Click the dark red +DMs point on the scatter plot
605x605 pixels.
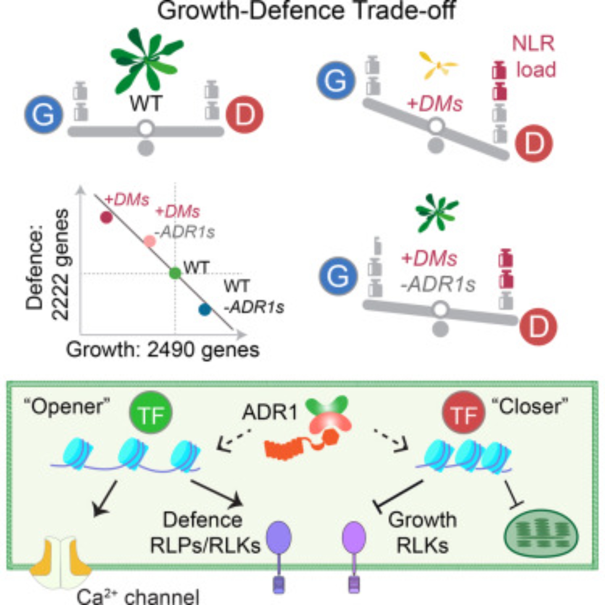pos(106,217)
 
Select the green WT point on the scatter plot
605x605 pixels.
pos(175,273)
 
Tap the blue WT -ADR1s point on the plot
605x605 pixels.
pos(205,309)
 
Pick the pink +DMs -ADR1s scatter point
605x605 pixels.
pos(150,241)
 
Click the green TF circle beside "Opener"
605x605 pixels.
pos(151,413)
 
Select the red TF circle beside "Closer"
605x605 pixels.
pos(463,413)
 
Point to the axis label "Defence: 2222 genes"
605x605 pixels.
pos(47,265)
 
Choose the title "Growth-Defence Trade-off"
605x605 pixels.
pos(306,11)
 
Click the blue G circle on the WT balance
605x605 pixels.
pos(44,115)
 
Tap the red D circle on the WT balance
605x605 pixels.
pos(244,115)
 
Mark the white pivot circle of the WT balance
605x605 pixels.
pos(146,128)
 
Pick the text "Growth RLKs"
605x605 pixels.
pos(422,532)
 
